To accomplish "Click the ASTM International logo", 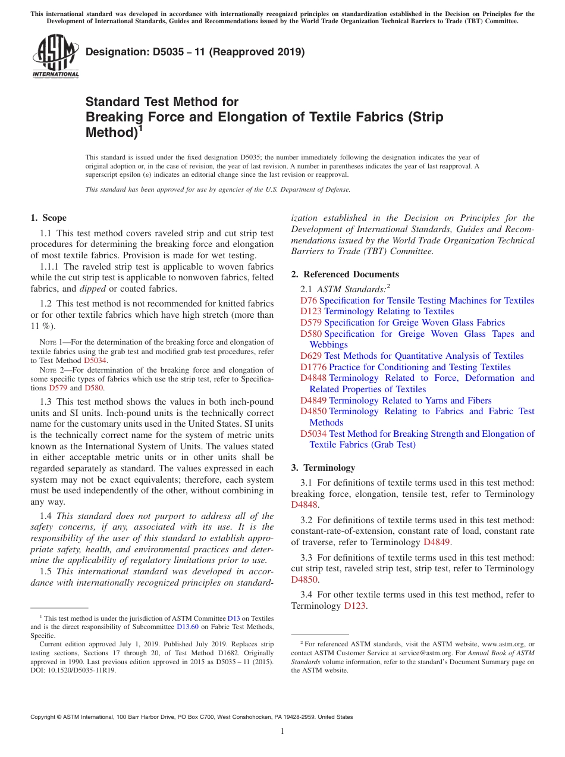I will pyautogui.click(x=55, y=57).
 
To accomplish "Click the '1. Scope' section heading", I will pyautogui.click(x=48, y=218).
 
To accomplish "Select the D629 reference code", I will pyautogui.click(x=310, y=356).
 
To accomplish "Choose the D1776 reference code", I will pyautogui.click(x=313, y=367).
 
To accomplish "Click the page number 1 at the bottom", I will pyautogui.click(x=282, y=731).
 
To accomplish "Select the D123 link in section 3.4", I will pyautogui.click(x=354, y=606).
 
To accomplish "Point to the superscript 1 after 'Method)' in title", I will pyautogui.click(x=141, y=127).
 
